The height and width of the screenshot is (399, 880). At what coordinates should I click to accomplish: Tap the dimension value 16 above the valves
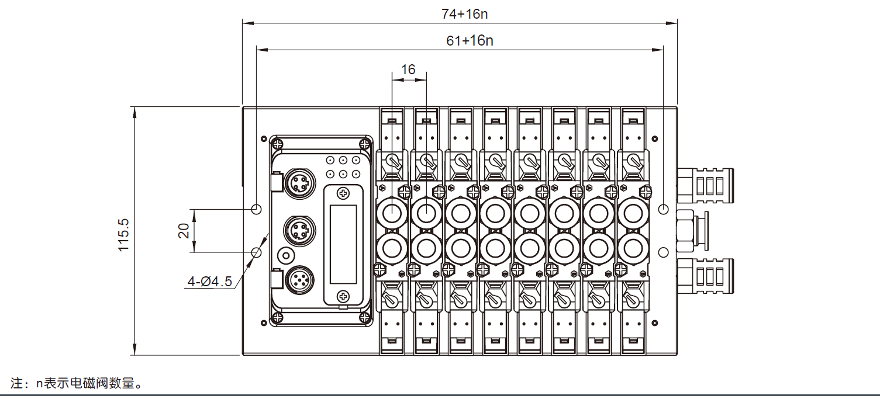(408, 70)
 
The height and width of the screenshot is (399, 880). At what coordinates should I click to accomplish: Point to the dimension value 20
(184, 231)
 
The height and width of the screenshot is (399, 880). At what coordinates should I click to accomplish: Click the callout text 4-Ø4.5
(209, 282)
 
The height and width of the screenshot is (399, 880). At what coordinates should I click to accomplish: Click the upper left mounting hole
(256, 209)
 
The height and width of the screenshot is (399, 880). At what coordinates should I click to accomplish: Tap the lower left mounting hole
(256, 252)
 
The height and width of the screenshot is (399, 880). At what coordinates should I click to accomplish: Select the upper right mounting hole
(663, 209)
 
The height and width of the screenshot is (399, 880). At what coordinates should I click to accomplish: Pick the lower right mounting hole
(663, 252)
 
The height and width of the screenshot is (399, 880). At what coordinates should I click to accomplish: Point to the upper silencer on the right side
(705, 183)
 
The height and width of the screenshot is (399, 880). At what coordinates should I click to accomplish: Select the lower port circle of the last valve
(633, 248)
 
